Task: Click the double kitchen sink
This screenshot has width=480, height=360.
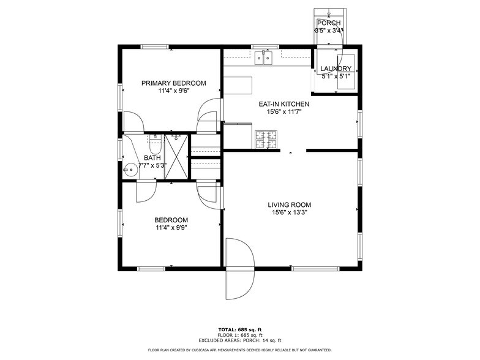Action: click(264, 59)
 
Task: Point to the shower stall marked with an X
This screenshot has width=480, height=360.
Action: click(178, 157)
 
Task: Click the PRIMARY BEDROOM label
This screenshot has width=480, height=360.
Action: click(174, 83)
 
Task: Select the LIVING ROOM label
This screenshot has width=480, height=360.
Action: click(289, 205)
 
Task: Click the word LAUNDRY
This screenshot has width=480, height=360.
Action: click(336, 69)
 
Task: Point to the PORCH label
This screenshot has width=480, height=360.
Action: click(329, 23)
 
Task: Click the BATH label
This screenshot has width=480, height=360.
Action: click(152, 157)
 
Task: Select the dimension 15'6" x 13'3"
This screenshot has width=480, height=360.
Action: click(289, 213)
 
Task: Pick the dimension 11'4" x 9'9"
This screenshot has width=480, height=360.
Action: click(171, 228)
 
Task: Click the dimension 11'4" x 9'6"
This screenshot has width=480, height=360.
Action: click(173, 91)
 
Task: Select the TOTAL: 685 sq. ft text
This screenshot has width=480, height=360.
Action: click(239, 330)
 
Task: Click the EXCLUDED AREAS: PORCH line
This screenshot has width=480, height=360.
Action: click(239, 340)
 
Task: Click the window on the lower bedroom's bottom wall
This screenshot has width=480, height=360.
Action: click(151, 268)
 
